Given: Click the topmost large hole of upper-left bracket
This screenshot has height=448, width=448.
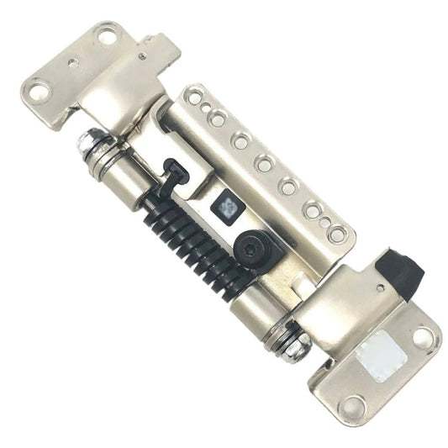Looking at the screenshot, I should (x=107, y=34).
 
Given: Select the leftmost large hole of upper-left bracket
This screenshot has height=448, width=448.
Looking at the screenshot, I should (x=40, y=91).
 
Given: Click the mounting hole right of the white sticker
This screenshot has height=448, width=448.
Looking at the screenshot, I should (x=423, y=336).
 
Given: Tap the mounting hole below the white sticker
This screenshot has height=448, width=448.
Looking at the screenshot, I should (x=353, y=405).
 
